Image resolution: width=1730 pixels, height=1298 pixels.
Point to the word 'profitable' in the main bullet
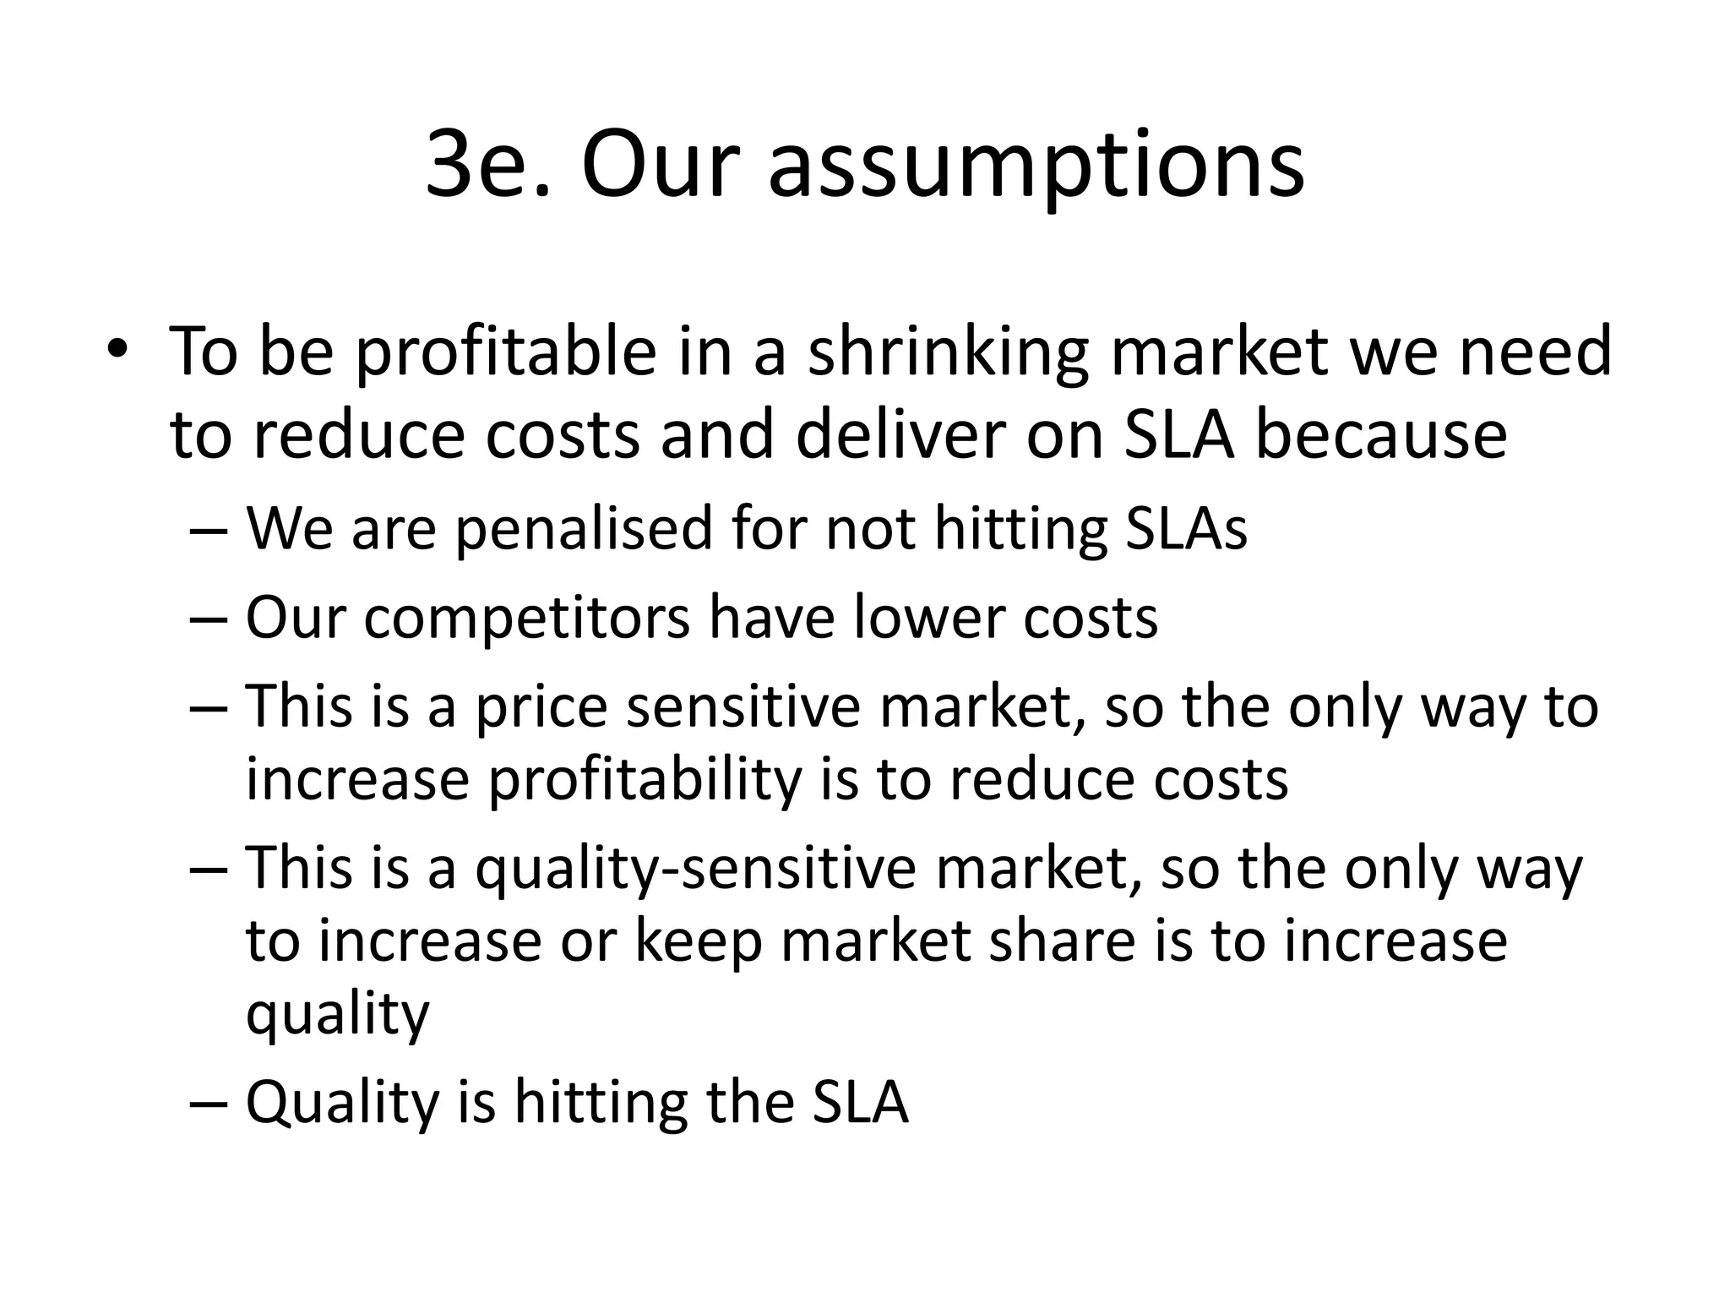point(505,353)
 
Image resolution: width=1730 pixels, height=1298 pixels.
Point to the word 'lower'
point(928,617)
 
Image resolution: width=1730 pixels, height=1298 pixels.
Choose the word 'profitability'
point(644,781)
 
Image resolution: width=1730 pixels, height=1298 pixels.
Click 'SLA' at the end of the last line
point(860,1102)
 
